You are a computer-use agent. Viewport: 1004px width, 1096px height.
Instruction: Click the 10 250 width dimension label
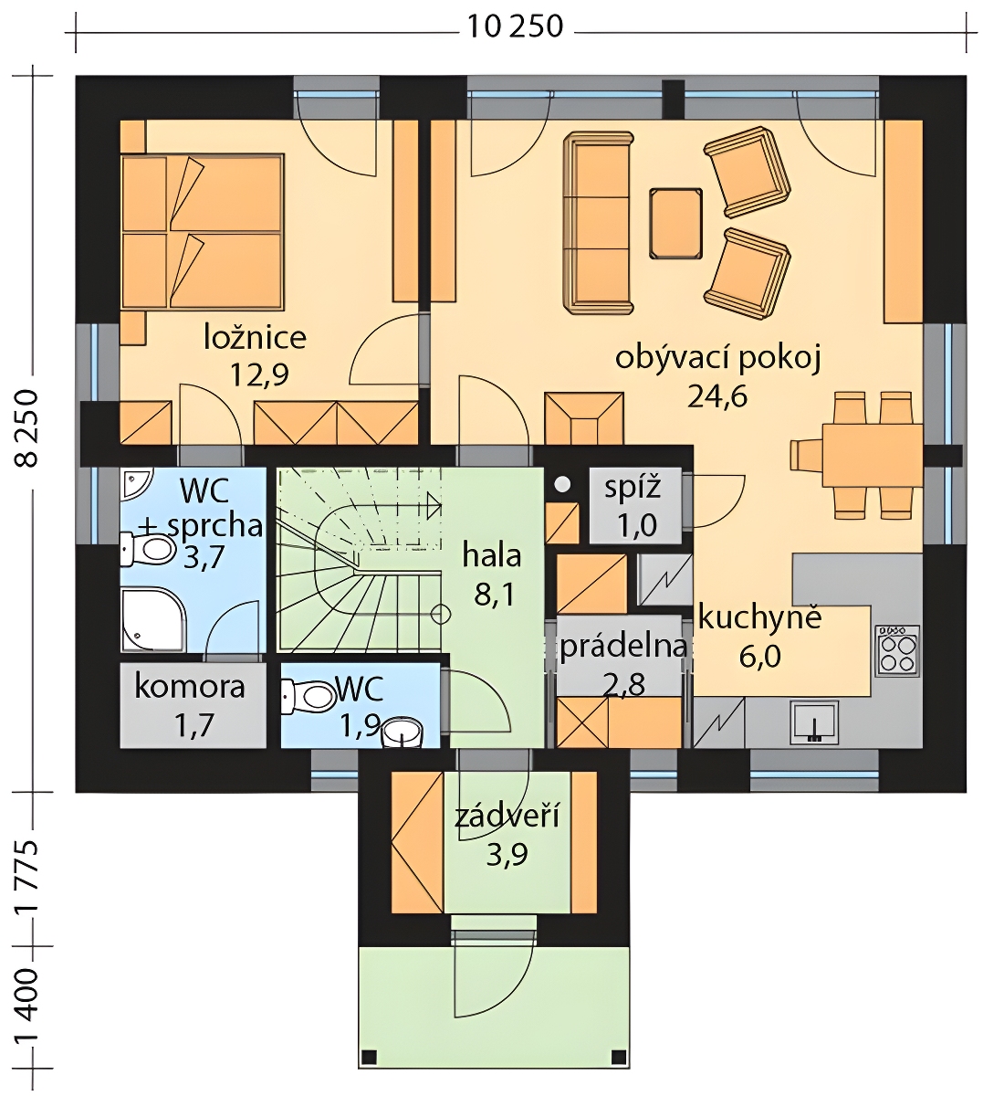[515, 26]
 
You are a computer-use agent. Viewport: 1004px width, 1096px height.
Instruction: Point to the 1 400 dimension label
[26, 1008]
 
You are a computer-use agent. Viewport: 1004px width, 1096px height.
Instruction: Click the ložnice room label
[255, 337]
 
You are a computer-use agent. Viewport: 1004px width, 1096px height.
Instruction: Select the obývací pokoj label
[717, 360]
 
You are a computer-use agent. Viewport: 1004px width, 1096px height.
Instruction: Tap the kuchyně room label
[760, 618]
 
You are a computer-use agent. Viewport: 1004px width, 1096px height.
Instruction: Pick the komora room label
[190, 687]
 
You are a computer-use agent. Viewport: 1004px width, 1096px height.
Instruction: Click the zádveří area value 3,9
[507, 854]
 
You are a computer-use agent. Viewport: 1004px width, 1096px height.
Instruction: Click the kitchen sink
[814, 722]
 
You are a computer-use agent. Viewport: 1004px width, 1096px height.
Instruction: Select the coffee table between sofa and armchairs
[675, 223]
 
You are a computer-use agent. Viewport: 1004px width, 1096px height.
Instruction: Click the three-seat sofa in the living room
[599, 222]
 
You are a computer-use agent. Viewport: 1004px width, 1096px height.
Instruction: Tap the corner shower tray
[154, 620]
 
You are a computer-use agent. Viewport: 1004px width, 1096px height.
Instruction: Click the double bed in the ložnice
[202, 232]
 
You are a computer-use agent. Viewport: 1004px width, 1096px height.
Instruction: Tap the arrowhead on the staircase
[434, 505]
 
